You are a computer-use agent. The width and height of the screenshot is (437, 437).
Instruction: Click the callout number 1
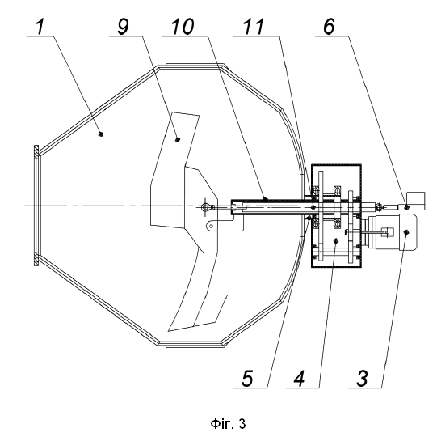point(40,27)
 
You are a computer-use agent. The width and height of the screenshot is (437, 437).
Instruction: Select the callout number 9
point(124,27)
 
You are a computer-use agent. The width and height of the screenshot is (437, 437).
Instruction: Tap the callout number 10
point(183,27)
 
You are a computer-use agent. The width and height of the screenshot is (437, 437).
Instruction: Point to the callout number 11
point(254,27)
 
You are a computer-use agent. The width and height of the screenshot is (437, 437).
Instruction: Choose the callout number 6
point(329,27)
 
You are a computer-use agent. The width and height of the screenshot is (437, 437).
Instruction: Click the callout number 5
point(247,379)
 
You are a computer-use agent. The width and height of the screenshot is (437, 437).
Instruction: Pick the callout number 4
point(299,379)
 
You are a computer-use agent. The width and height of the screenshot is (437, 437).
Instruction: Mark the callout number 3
point(363,379)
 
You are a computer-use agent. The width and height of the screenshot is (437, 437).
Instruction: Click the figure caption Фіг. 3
point(229,423)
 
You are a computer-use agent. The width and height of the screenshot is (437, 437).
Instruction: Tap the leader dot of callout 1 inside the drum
point(101,134)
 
